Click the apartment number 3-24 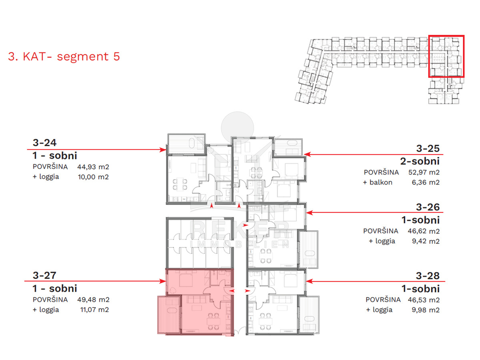(x=45, y=142)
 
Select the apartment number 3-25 (x=428, y=148)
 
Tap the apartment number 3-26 (x=428, y=207)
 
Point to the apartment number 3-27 (x=45, y=275)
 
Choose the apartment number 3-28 (x=428, y=276)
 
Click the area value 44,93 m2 (x=93, y=167)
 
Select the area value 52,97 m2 (x=424, y=172)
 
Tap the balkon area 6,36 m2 (x=426, y=182)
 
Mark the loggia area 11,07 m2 (x=94, y=310)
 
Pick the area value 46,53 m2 (x=424, y=300)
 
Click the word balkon (x=381, y=182)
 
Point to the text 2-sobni (x=420, y=161)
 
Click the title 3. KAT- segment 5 (x=64, y=56)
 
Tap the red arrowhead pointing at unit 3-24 (x=163, y=150)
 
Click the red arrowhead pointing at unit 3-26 (x=310, y=212)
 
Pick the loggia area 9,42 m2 (x=426, y=241)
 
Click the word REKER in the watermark (x=240, y=230)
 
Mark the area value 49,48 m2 (x=93, y=300)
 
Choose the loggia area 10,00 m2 (x=93, y=177)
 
